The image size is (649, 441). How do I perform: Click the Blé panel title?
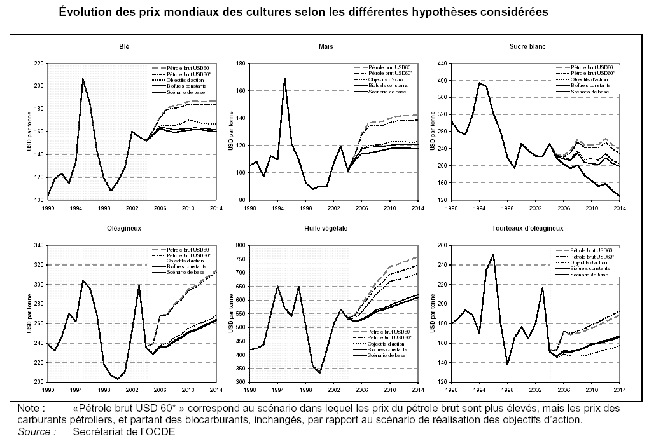tap(125, 47)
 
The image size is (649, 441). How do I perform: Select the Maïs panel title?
tap(326, 47)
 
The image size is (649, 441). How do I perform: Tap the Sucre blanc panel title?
tap(527, 47)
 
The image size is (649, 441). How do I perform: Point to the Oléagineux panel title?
tap(125, 228)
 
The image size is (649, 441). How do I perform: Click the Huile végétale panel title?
tap(326, 228)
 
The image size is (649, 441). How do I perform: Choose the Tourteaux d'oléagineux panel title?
tap(527, 228)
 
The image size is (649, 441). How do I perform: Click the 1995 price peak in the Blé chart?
tap(83, 79)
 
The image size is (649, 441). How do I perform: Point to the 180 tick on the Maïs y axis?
tap(241, 64)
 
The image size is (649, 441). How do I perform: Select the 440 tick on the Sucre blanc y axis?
tap(442, 64)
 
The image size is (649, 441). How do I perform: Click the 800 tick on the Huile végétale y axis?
tap(241, 245)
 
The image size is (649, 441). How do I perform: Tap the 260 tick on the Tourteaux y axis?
tap(442, 245)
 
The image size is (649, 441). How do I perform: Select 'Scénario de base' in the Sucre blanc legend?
tap(590, 92)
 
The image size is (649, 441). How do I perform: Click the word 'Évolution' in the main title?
tap(87, 12)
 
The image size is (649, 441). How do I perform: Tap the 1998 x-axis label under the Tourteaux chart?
tap(507, 387)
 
